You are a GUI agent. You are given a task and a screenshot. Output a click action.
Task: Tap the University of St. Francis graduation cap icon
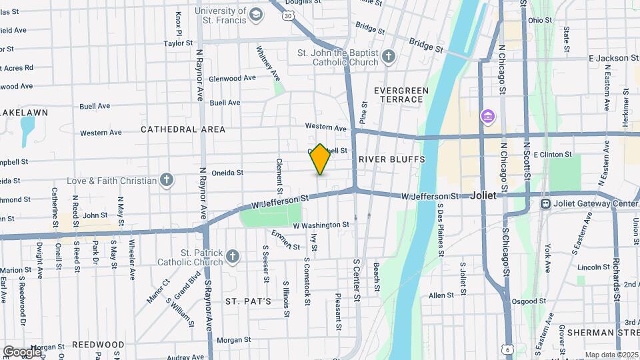tap(256, 15)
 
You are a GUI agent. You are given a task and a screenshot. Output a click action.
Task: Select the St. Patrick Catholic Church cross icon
tap(232, 256)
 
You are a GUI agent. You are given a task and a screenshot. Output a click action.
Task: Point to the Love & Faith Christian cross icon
tap(167, 180)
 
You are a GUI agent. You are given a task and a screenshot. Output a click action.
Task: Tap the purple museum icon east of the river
tap(488, 117)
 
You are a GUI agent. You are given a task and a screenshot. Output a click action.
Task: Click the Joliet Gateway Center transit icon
tap(545, 203)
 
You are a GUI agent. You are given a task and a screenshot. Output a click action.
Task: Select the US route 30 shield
tap(287, 15)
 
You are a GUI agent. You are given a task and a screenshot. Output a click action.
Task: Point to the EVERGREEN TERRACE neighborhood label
tap(399, 95)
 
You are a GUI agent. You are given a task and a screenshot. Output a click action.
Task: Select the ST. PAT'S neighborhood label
tap(248, 301)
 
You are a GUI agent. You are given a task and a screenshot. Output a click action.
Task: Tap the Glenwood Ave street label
tap(233, 78)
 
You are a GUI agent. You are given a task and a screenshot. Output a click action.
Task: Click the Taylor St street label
tap(178, 44)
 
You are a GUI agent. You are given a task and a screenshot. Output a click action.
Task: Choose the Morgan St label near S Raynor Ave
tap(233, 340)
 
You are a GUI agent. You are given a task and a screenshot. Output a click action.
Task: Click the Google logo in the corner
tap(21, 351)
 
